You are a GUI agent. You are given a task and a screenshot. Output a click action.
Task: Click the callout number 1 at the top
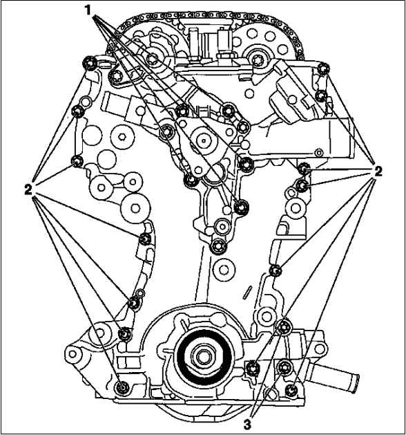point(88,10)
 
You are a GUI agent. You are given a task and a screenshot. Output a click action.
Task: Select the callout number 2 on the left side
point(28,190)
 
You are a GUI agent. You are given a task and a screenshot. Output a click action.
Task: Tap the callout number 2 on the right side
point(378,171)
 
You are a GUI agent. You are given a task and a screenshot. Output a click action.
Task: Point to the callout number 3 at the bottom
point(248,424)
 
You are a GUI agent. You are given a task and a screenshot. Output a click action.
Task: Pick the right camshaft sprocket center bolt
point(255,59)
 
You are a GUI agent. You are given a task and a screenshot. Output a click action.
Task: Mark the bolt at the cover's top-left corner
point(90,64)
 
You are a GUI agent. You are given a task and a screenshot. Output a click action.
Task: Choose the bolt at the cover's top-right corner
point(323,68)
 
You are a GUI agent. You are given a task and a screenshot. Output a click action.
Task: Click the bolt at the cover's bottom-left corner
point(122,387)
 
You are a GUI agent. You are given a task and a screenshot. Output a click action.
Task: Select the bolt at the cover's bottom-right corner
point(291,390)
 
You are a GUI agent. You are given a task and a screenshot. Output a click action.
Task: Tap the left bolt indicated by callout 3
point(253,368)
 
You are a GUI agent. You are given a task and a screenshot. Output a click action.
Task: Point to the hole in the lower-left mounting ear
point(72,354)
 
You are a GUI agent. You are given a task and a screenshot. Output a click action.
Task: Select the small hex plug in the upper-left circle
point(122,136)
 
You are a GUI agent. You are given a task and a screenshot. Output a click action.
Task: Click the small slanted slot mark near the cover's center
point(249,293)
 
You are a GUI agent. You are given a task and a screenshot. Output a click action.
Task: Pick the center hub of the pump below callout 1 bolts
point(204,141)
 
